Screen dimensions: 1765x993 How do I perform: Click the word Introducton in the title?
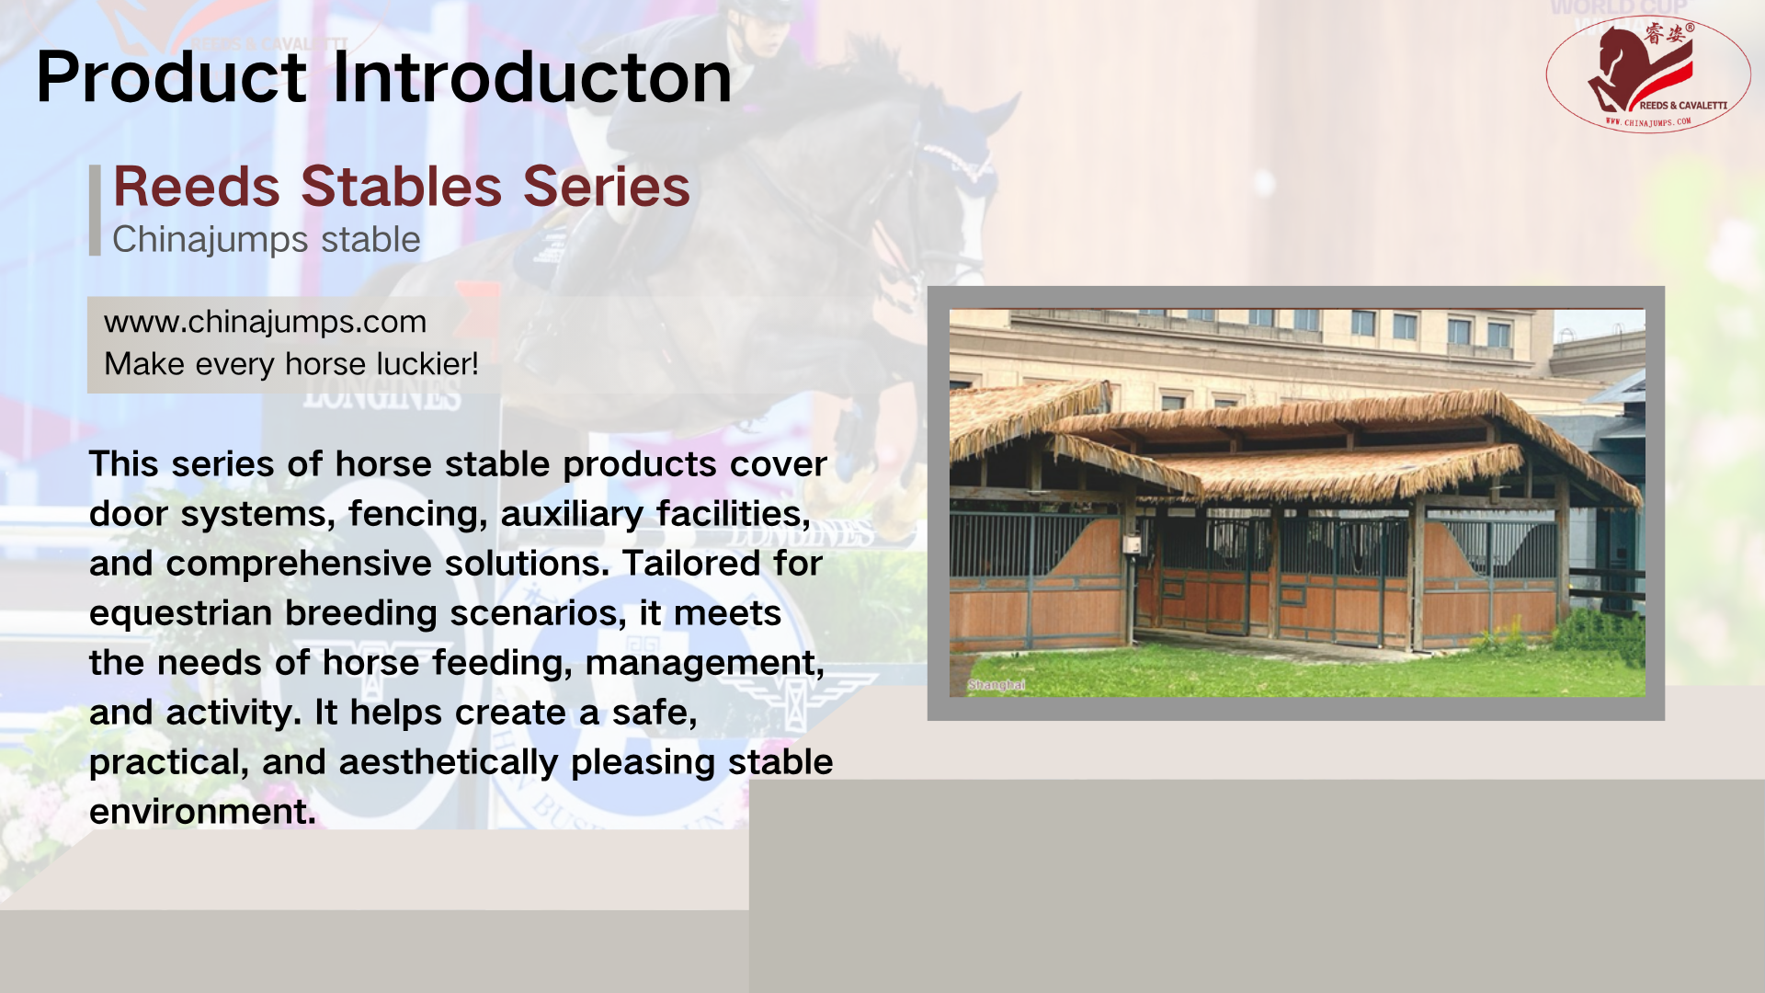tap(532, 76)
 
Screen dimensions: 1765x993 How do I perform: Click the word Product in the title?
tap(171, 76)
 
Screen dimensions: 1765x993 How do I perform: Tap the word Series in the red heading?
tap(607, 187)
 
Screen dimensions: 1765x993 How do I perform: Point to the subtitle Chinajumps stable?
tap(266, 240)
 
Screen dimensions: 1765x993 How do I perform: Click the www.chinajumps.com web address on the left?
tap(265, 322)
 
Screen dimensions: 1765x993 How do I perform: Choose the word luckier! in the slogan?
tap(427, 364)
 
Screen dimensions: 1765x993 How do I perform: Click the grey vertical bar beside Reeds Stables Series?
tap(95, 210)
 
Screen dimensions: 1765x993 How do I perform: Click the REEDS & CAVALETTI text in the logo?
tap(1683, 106)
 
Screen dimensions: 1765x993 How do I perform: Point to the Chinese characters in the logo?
tap(1665, 34)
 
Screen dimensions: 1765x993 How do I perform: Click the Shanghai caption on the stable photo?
tap(996, 685)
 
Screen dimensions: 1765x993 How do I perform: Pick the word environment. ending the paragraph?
tap(202, 812)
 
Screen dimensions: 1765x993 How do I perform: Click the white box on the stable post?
tap(1133, 545)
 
